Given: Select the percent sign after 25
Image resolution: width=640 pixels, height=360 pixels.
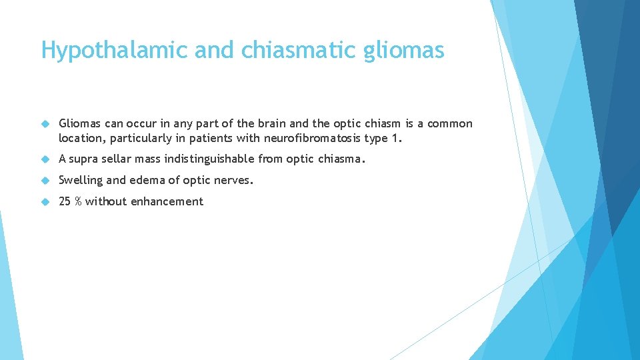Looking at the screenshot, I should (79, 201).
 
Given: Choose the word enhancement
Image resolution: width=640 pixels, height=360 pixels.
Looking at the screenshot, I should (167, 201).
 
